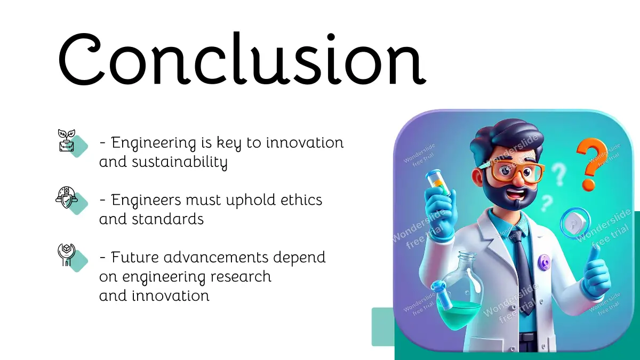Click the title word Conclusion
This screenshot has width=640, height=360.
(242, 59)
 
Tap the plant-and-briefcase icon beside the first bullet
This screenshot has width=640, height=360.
(67, 140)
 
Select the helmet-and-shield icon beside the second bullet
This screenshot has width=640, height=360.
(67, 197)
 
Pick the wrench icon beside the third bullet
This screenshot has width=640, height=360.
(66, 255)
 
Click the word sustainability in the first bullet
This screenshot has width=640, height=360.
(180, 162)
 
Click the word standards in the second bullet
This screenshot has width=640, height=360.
(167, 219)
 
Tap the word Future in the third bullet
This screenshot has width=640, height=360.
(134, 257)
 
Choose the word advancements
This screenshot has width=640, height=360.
(217, 257)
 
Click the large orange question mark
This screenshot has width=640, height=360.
(591, 164)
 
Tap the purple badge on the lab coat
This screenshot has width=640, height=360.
(545, 261)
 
